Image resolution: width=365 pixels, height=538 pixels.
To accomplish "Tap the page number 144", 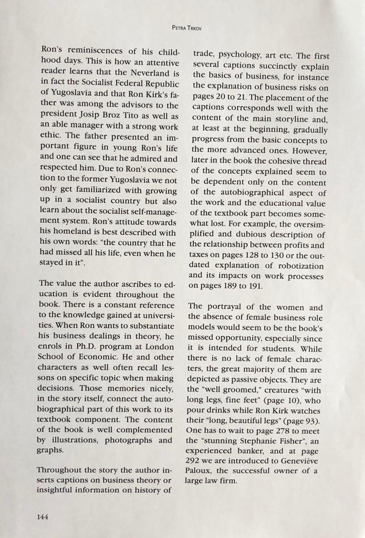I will coord(43,516).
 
